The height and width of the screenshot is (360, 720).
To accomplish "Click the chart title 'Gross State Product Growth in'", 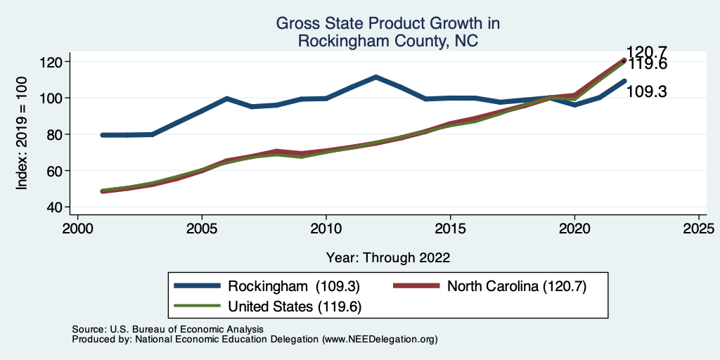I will click(387, 24).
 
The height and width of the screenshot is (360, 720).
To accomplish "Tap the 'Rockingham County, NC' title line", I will click(387, 41).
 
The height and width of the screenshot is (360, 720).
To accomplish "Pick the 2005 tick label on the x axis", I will click(202, 229).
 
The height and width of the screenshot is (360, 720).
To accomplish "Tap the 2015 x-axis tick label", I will click(450, 229).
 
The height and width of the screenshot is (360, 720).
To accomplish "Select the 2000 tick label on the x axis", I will click(77, 229).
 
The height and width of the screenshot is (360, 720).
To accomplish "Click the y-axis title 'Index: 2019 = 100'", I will click(22, 134).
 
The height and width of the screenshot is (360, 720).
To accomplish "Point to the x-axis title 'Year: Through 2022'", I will click(387, 257).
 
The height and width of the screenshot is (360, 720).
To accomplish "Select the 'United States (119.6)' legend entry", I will click(295, 307).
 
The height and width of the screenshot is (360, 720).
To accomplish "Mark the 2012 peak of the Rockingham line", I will click(375, 77).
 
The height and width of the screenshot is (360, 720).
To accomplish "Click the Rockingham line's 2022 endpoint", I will click(624, 81).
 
